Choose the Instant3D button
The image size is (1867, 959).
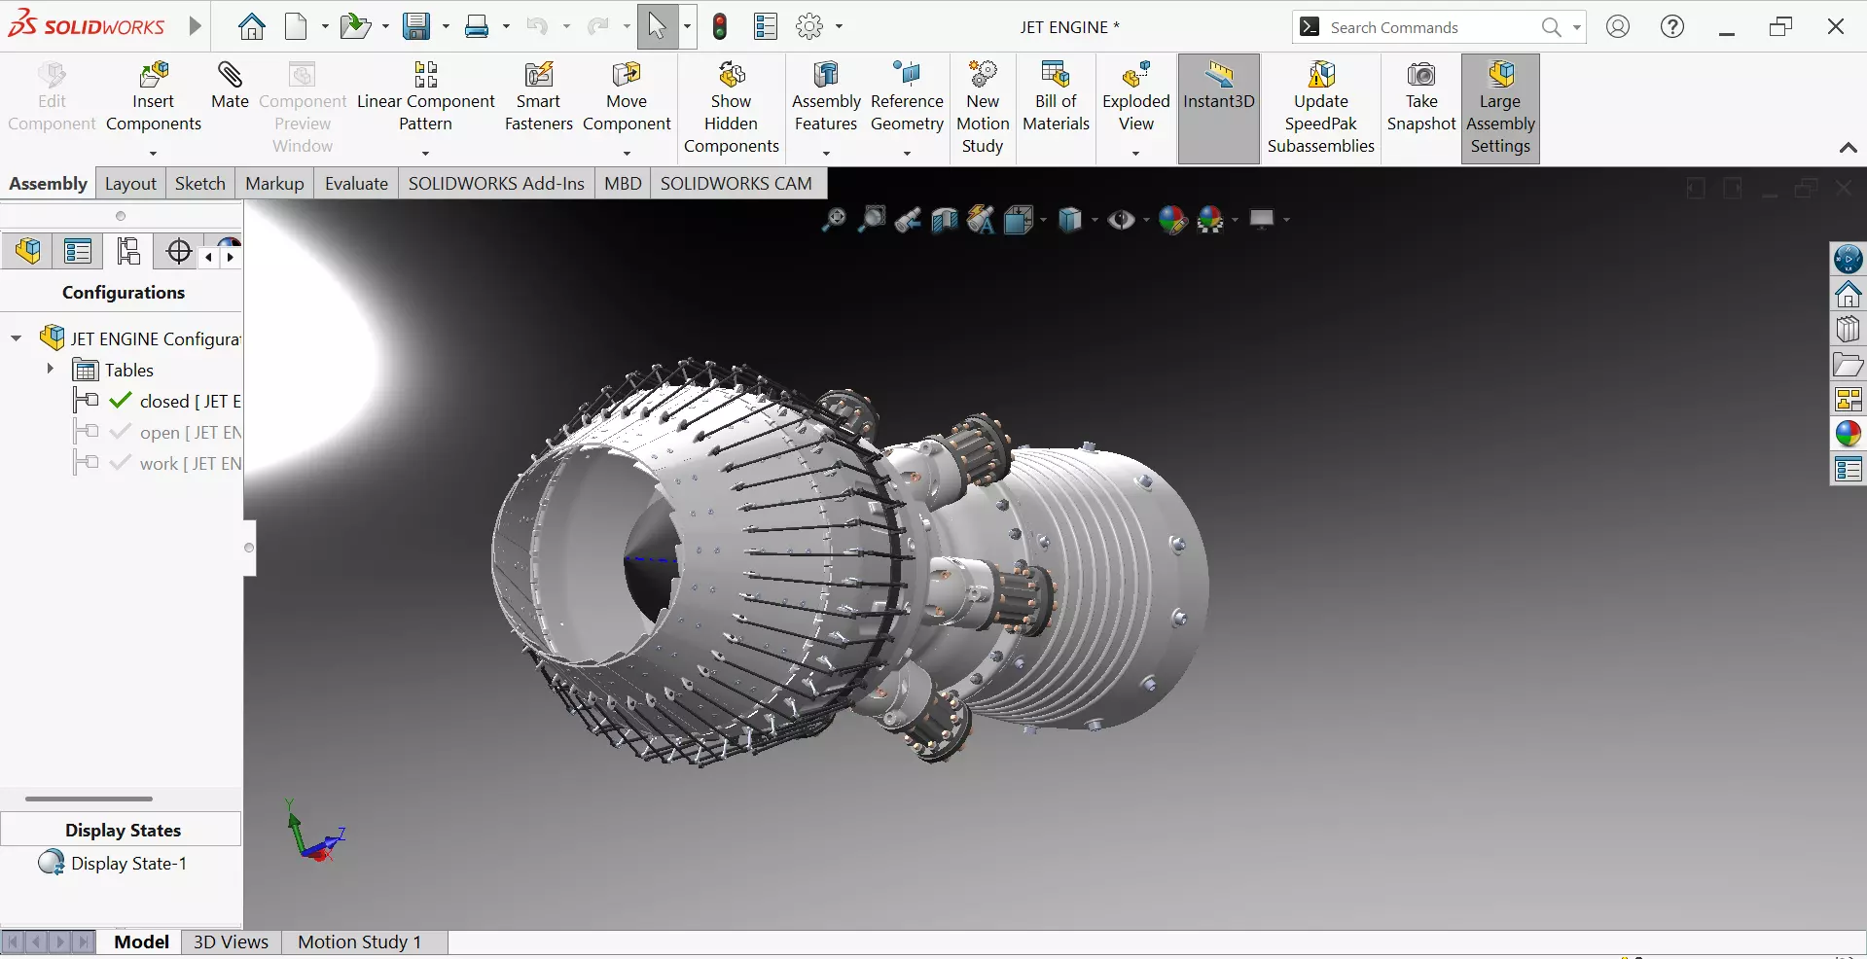[1218, 88]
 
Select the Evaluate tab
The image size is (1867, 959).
[356, 184]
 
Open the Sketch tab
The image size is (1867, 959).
[199, 184]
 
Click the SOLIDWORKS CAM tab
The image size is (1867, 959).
[736, 184]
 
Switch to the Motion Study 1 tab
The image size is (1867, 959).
[359, 941]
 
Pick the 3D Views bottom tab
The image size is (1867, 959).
[231, 941]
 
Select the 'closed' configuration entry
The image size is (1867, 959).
[164, 402]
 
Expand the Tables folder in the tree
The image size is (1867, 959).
[50, 370]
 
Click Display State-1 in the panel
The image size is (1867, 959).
[127, 864]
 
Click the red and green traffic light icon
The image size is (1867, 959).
[720, 26]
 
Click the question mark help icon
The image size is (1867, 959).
[1671, 26]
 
